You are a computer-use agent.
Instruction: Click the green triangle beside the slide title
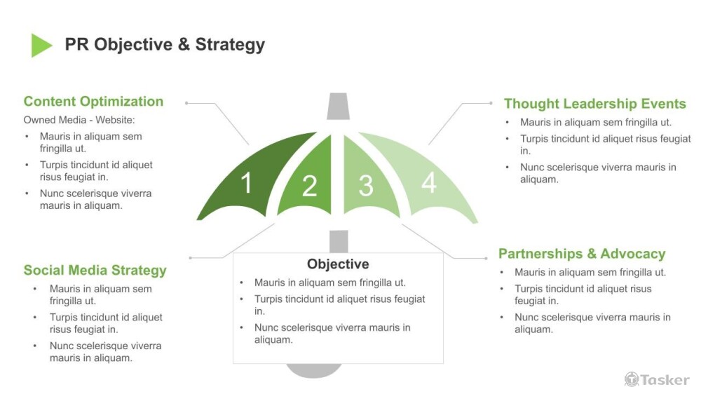pos(41,45)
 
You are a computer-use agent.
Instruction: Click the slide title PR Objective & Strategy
pos(165,45)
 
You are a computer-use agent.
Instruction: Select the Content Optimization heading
pos(93,102)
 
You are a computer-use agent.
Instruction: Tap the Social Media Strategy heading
pos(95,271)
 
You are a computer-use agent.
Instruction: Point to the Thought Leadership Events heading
pos(594,104)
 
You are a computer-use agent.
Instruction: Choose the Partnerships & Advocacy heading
pos(582,254)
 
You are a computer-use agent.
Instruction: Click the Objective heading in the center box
pos(338,264)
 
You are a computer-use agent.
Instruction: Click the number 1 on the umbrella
pos(246,184)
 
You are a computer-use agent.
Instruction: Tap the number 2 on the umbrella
pos(309,186)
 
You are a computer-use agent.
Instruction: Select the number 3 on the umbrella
pos(365,186)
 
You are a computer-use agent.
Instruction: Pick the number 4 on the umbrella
pos(428,183)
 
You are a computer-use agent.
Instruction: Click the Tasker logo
pos(657,379)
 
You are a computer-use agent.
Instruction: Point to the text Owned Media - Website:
pos(79,120)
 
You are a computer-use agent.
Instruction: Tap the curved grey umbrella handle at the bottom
pos(315,371)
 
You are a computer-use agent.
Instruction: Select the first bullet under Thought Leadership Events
pos(596,122)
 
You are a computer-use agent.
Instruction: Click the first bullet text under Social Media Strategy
pos(100,294)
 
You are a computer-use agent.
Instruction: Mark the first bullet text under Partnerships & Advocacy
pos(590,272)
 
